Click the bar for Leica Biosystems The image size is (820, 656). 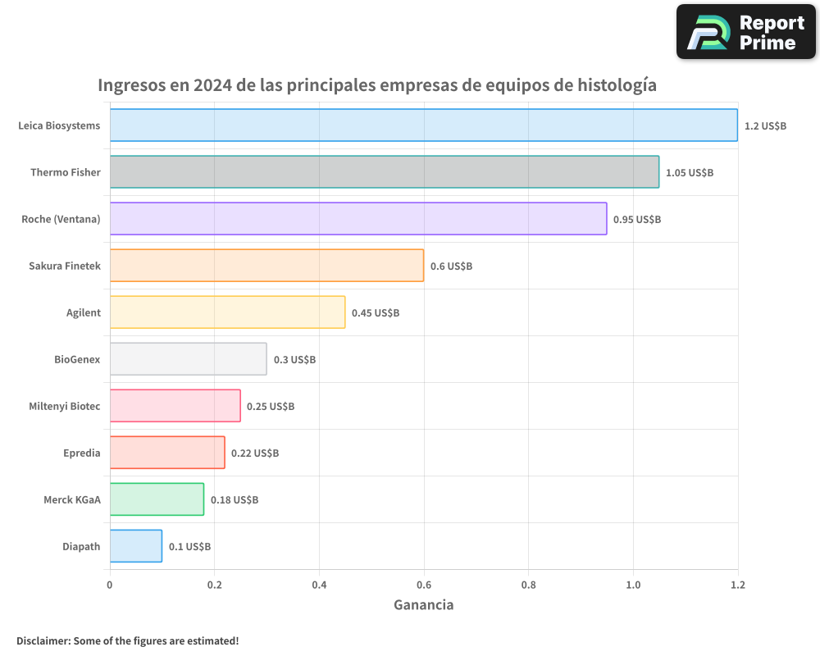click(x=423, y=125)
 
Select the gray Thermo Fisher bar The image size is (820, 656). click(x=384, y=171)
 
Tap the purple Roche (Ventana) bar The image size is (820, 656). click(x=358, y=218)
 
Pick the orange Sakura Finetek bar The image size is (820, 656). click(x=266, y=265)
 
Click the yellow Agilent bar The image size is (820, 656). click(x=227, y=312)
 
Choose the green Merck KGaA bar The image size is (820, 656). click(x=157, y=499)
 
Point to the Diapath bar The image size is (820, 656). click(x=135, y=545)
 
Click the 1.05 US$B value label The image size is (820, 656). click(x=689, y=172)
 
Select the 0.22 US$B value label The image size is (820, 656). click(x=254, y=453)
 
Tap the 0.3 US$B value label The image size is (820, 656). click(x=294, y=359)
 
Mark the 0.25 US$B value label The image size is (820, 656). click(x=270, y=406)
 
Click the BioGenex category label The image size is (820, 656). click(x=77, y=359)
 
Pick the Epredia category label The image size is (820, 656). click(x=81, y=453)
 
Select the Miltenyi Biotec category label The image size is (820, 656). click(x=65, y=406)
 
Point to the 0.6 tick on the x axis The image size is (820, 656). click(x=424, y=585)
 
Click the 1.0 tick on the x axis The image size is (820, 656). click(x=633, y=585)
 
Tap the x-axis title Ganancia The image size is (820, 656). click(x=423, y=605)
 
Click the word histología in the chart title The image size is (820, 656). click(x=617, y=85)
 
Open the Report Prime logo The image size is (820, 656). click(x=746, y=32)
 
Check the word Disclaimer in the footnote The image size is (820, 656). click(x=43, y=640)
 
